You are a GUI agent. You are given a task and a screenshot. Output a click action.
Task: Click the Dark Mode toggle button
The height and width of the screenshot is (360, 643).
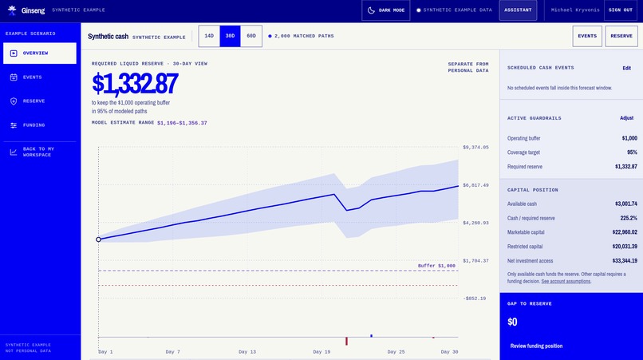pos(386,10)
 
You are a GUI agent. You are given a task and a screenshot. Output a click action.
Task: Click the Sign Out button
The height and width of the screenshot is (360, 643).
pos(621,10)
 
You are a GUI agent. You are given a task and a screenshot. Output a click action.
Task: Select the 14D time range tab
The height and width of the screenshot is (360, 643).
pos(209,36)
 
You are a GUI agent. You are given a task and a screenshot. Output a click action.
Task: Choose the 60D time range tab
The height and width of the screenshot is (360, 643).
pos(251,36)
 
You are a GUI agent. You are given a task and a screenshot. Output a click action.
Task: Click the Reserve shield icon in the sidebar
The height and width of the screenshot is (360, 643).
pos(14,101)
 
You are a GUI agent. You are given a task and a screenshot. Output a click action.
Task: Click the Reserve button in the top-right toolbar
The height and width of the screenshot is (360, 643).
pos(621,36)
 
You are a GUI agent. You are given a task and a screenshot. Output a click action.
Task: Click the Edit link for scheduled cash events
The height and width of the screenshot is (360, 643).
pos(626,68)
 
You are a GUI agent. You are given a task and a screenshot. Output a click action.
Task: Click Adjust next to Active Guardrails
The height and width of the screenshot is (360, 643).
pos(626,118)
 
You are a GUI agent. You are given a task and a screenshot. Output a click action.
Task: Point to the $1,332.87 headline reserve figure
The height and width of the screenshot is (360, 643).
pos(135,83)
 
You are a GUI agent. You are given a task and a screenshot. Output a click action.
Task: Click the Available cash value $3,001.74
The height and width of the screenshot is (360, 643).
pos(625,204)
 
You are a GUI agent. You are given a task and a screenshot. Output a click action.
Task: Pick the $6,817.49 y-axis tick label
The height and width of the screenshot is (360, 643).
pos(475,185)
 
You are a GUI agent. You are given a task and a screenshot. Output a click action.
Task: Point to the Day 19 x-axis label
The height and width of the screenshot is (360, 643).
pos(321,352)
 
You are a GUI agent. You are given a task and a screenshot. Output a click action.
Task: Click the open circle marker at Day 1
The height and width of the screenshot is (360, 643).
pos(98,239)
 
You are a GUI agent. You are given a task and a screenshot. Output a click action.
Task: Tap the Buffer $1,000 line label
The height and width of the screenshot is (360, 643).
pos(436,266)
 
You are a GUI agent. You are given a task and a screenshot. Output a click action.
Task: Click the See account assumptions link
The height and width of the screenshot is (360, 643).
pos(566,282)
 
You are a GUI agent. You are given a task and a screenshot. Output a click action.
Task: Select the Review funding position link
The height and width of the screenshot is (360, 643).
pos(536,346)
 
